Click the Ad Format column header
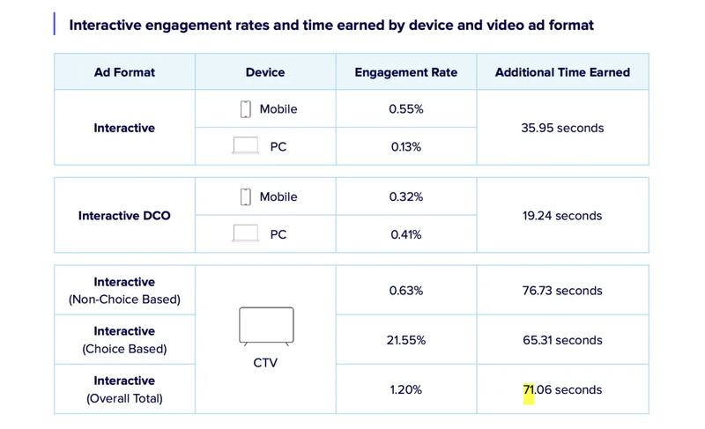click(x=124, y=72)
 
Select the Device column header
click(x=265, y=72)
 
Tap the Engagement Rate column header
click(x=406, y=72)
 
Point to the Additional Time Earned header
click(x=562, y=72)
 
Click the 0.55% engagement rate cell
click(x=406, y=109)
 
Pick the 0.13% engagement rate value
click(x=406, y=146)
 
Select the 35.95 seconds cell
click(x=562, y=128)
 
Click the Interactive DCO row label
click(x=124, y=215)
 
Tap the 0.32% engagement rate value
click(x=406, y=196)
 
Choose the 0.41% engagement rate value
click(x=406, y=234)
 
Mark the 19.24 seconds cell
click(x=562, y=215)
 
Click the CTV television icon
click(x=265, y=326)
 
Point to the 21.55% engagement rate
click(x=406, y=340)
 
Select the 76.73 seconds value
click(x=562, y=291)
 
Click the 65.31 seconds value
click(x=562, y=340)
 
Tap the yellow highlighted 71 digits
click(x=529, y=390)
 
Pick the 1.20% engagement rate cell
click(x=406, y=389)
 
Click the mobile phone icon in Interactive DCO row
click(x=246, y=196)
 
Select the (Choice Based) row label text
click(x=124, y=349)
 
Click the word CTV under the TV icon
click(x=265, y=362)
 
